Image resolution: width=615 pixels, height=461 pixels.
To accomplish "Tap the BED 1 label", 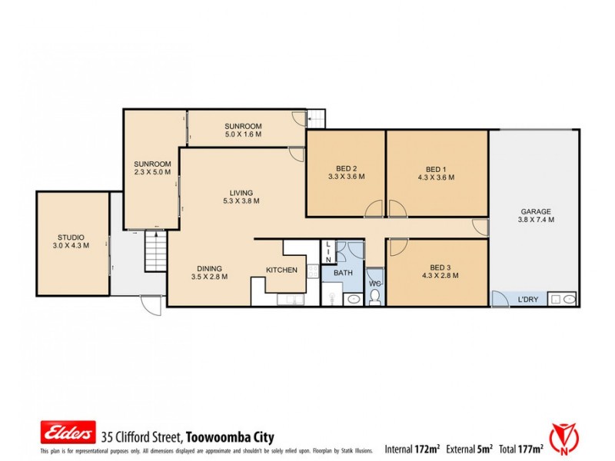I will pyautogui.click(x=436, y=169).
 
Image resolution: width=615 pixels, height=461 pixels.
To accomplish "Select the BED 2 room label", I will pyautogui.click(x=346, y=169).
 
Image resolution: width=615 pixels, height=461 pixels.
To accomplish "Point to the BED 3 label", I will pyautogui.click(x=436, y=267).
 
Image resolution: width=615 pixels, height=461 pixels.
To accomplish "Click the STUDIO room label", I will pyautogui.click(x=71, y=237).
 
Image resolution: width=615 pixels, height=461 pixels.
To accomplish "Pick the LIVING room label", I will pyautogui.click(x=241, y=193).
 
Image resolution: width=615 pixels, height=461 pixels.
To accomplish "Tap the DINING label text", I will pyautogui.click(x=209, y=268).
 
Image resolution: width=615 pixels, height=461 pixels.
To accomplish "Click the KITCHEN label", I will pyautogui.click(x=281, y=270).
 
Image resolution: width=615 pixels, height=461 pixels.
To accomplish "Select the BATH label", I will pyautogui.click(x=342, y=273).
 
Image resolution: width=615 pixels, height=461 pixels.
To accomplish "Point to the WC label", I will pyautogui.click(x=374, y=284).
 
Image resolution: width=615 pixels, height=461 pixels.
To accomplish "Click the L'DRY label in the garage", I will pyautogui.click(x=527, y=299).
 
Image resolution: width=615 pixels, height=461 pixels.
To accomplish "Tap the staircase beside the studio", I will pyautogui.click(x=155, y=252).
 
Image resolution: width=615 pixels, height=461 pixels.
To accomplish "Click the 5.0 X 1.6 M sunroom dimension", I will pyautogui.click(x=243, y=134).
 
